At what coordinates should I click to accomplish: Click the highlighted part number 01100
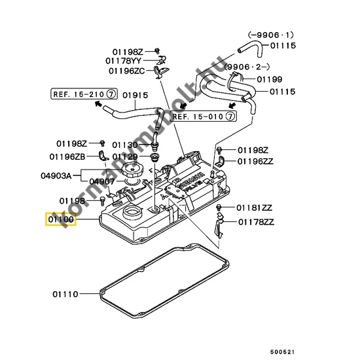[60, 219]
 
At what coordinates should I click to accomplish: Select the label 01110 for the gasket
[65, 295]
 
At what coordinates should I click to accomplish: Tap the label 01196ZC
[126, 71]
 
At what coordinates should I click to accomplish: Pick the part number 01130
[124, 145]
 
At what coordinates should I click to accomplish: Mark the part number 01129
[124, 157]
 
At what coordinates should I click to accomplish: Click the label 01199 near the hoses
[269, 80]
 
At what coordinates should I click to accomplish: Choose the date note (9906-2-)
[247, 67]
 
